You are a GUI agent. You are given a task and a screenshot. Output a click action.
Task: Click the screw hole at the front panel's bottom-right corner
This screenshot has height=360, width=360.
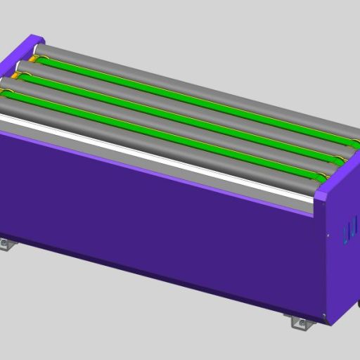point(323,316)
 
